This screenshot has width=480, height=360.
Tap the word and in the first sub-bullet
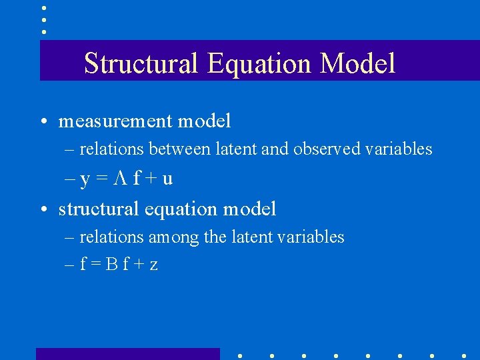(x=273, y=149)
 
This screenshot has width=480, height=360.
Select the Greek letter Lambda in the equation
(x=121, y=179)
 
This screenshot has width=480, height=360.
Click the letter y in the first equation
(x=85, y=180)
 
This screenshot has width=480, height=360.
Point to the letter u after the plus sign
(x=168, y=179)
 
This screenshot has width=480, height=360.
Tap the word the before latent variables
(x=214, y=237)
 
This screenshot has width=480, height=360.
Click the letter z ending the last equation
(x=154, y=265)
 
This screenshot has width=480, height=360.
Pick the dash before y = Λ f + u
(x=70, y=179)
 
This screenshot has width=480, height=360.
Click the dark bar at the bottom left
(x=127, y=353)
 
